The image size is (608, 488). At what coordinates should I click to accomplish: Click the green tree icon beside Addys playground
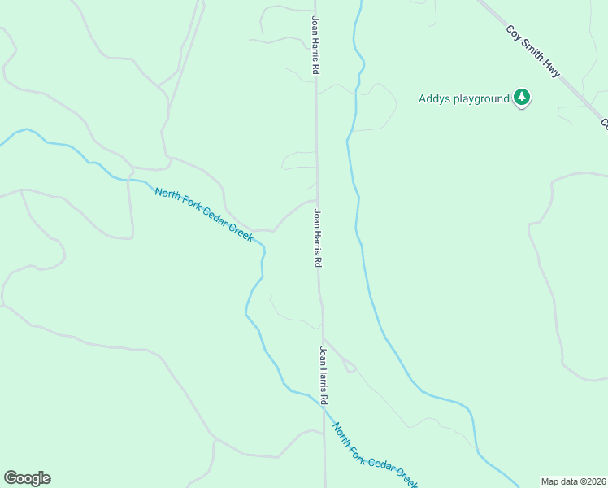pos(522,99)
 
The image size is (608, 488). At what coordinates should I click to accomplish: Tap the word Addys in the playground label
pos(435,99)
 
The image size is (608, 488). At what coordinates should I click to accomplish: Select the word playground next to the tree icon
pos(480,100)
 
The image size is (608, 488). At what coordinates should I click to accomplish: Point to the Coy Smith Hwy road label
pos(533,51)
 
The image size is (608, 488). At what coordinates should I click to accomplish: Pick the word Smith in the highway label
pos(533,51)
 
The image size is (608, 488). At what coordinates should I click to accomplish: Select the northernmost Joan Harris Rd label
pos(314,46)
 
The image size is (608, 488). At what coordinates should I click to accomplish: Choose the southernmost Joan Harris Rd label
pos(324,377)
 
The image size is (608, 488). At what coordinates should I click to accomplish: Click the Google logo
pos(27,478)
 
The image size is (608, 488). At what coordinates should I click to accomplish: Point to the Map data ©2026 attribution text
pos(574,481)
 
